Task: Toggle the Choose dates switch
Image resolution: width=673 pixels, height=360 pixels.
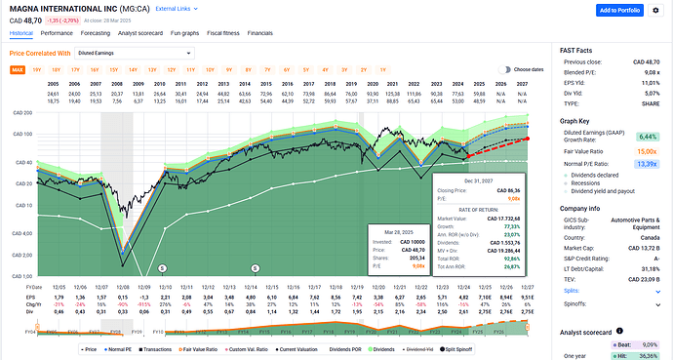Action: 502,70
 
